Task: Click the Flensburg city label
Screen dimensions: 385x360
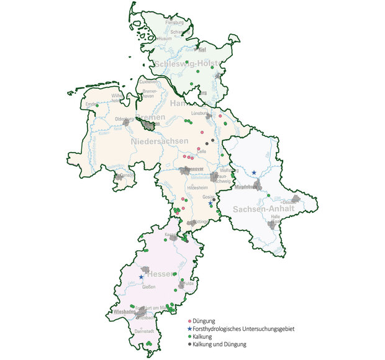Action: click(x=175, y=24)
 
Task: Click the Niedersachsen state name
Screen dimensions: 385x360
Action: click(x=160, y=142)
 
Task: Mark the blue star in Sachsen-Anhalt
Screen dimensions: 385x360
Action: click(x=254, y=173)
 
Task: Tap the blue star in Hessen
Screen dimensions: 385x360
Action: click(x=141, y=277)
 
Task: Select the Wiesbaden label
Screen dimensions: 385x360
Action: click(x=124, y=312)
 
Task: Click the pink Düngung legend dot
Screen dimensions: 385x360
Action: click(x=189, y=320)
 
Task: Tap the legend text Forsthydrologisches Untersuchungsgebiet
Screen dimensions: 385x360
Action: click(x=243, y=328)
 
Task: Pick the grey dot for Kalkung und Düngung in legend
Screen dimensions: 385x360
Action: click(x=189, y=344)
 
